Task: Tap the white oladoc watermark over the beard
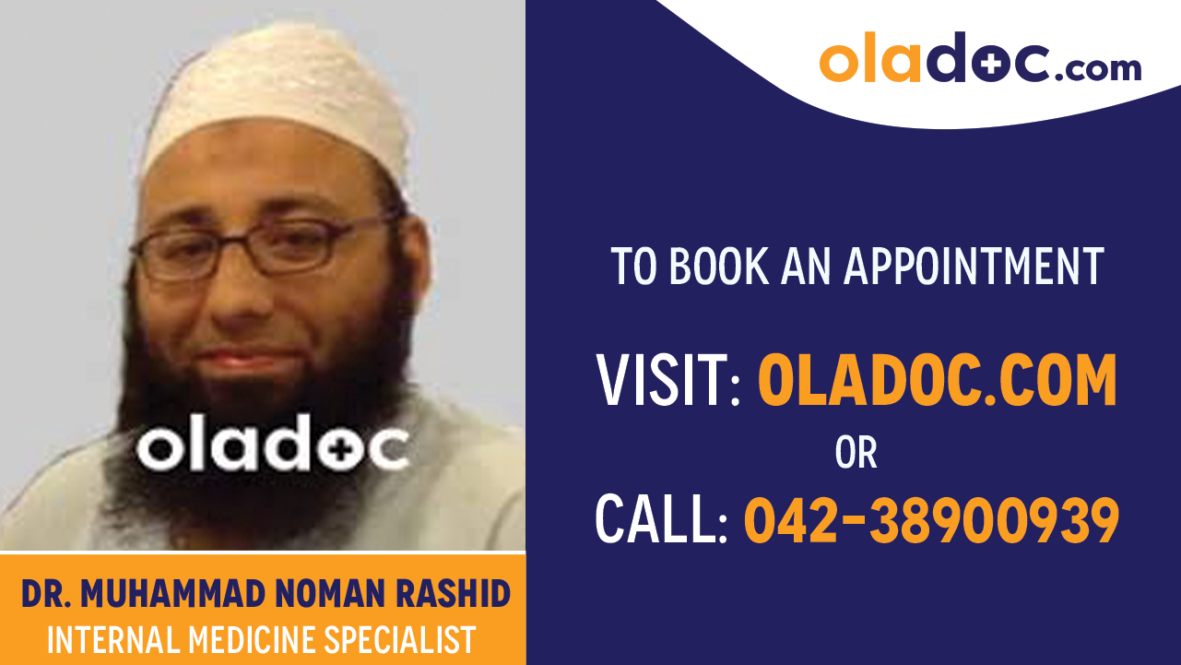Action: click(272, 449)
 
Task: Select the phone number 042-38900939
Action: click(931, 520)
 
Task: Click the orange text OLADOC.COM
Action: click(937, 381)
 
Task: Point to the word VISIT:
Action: click(668, 381)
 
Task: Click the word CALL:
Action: click(661, 520)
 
